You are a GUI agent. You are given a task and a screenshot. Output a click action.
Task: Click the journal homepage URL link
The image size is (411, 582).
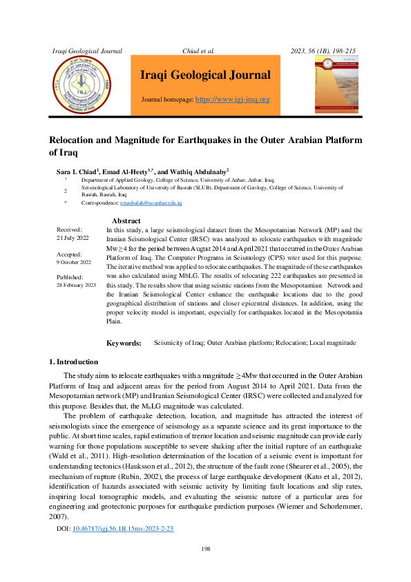tap(233, 100)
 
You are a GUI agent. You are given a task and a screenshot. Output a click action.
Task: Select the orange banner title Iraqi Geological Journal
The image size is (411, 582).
tap(205, 75)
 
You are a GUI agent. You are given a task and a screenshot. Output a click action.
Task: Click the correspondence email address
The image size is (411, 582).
tap(151, 203)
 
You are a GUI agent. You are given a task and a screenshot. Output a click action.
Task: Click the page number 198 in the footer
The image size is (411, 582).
tap(205, 548)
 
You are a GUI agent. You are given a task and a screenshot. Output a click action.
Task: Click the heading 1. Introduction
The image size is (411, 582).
tap(73, 362)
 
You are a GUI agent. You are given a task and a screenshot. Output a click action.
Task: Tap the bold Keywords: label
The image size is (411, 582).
tap(124, 343)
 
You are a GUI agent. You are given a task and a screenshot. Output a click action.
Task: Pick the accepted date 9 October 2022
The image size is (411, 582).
tap(73, 263)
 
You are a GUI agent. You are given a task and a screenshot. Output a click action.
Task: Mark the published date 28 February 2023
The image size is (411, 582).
tap(76, 285)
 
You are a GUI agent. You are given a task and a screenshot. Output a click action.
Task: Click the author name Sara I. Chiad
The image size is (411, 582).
tap(76, 171)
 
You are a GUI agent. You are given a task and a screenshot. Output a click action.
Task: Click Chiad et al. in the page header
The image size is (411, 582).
tap(198, 50)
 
